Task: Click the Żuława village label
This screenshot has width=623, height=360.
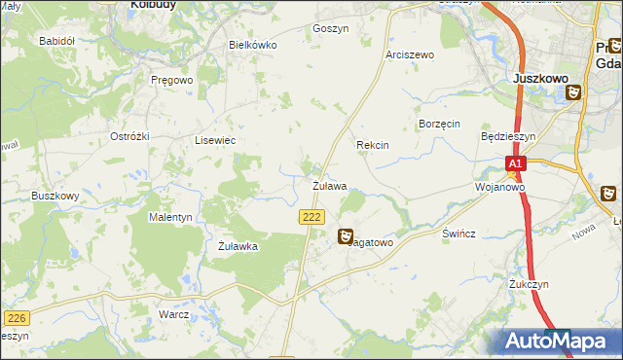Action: point(330,185)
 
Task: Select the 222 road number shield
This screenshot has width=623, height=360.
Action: point(311,218)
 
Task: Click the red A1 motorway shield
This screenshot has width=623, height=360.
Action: point(517,164)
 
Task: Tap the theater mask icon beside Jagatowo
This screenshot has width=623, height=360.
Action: point(346,235)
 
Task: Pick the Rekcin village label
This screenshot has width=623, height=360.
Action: point(373,145)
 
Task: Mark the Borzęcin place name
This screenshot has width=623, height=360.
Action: point(438,125)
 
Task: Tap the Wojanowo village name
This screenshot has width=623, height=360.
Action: point(500,186)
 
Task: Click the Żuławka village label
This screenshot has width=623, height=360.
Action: point(238,246)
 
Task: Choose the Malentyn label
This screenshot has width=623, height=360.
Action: point(170,217)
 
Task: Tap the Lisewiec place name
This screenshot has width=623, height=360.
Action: point(216,140)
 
